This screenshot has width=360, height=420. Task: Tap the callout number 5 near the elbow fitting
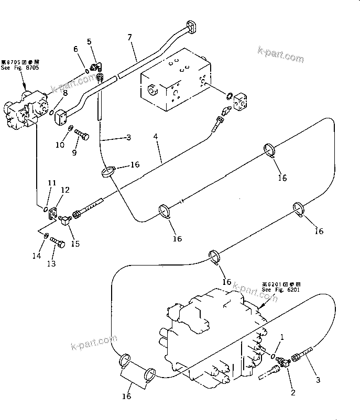point(89,41)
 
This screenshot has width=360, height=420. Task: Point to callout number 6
point(75,49)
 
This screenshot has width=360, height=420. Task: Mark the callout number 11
point(51,182)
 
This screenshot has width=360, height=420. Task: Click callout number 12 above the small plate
point(66,190)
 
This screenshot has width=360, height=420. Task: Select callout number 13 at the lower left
point(50,264)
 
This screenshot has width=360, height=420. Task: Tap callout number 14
point(36,256)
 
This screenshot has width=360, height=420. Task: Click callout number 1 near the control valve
point(283,337)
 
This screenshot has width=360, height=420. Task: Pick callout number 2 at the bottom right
point(292,390)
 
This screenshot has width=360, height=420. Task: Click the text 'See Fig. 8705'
point(20,68)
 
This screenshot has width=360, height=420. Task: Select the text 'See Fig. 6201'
point(281,289)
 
